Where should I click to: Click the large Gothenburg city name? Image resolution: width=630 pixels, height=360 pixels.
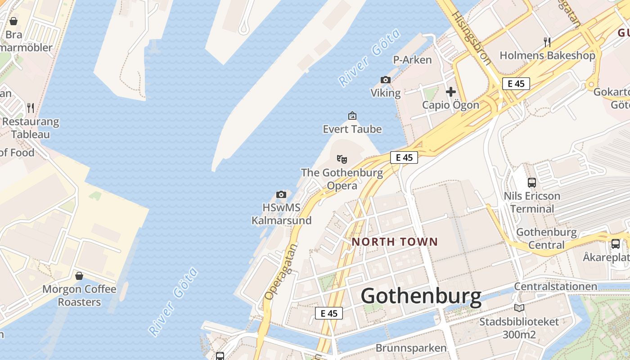(421, 297)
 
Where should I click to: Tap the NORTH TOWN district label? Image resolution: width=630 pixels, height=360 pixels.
(395, 242)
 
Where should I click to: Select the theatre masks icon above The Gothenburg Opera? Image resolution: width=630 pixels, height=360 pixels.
(342, 159)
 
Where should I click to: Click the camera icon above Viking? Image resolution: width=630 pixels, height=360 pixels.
(386, 80)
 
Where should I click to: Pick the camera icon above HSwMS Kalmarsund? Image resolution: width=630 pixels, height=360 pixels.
(281, 194)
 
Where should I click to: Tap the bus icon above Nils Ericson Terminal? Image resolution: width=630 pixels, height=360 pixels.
(532, 183)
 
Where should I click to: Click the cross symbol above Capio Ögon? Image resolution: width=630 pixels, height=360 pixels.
(451, 92)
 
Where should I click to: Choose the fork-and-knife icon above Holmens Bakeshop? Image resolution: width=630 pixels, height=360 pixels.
(547, 42)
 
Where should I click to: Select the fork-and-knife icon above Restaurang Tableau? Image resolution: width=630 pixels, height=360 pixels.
(31, 108)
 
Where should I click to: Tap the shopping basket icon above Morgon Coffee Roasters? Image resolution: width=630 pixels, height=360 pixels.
(79, 275)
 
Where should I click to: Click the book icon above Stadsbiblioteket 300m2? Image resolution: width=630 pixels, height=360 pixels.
(519, 308)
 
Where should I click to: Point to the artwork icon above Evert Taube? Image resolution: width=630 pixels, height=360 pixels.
(352, 116)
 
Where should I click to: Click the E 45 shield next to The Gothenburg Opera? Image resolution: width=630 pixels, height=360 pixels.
(404, 157)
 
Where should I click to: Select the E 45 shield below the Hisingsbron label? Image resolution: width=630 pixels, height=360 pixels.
(516, 84)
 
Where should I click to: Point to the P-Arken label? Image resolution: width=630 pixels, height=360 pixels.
(412, 60)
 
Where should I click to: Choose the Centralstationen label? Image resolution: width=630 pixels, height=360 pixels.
(556, 287)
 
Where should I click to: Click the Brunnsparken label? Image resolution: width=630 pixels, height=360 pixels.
(411, 348)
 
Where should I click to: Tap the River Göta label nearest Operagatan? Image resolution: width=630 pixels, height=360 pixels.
(173, 302)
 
